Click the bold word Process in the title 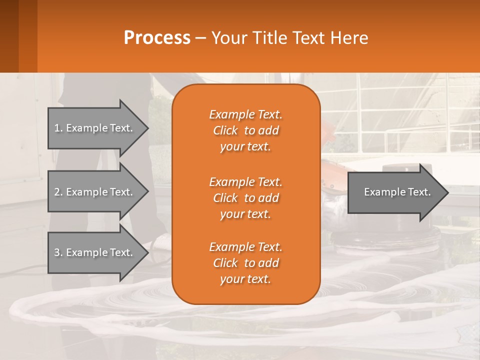pyautogui.click(x=157, y=37)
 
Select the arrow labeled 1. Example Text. pyautogui.click(x=95, y=128)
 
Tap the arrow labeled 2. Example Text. pyautogui.click(x=95, y=192)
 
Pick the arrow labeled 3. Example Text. pyautogui.click(x=95, y=252)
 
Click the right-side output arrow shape pyautogui.click(x=395, y=192)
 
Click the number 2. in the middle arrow pyautogui.click(x=58, y=192)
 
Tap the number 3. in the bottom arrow pyautogui.click(x=58, y=252)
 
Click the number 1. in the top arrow pyautogui.click(x=58, y=128)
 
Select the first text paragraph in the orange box pyautogui.click(x=245, y=130)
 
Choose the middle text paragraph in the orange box pyautogui.click(x=245, y=197)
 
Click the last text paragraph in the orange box pyautogui.click(x=245, y=263)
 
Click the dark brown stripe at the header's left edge pyautogui.click(x=9, y=36)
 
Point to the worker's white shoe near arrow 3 pyautogui.click(x=161, y=242)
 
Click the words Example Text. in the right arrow pyautogui.click(x=397, y=192)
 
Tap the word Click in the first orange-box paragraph pyautogui.click(x=225, y=130)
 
